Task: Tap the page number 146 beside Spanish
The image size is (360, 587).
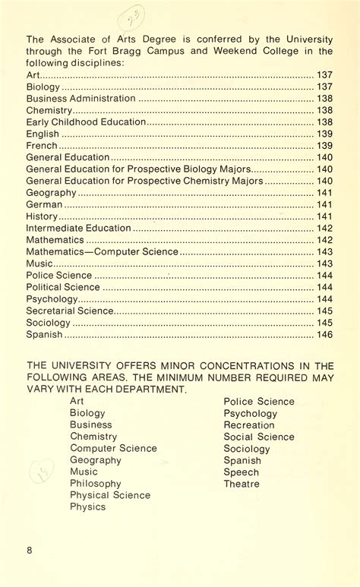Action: pyautogui.click(x=324, y=334)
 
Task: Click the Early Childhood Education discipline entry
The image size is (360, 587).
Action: pyautogui.click(x=85, y=122)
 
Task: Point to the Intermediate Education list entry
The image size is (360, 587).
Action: pyautogui.click(x=78, y=228)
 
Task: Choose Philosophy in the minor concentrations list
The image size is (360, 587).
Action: pyautogui.click(x=95, y=483)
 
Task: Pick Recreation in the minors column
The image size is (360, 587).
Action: pyautogui.click(x=248, y=425)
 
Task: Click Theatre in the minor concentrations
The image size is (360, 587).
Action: pyautogui.click(x=242, y=484)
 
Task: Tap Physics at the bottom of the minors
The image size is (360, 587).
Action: pyautogui.click(x=87, y=507)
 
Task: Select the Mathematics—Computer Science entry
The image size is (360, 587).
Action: pyautogui.click(x=103, y=251)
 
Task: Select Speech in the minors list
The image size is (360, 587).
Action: pyautogui.click(x=241, y=472)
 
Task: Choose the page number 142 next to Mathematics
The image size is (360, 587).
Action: pyautogui.click(x=324, y=240)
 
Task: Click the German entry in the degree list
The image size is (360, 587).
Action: pyautogui.click(x=44, y=204)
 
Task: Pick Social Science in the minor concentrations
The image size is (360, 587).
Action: pyautogui.click(x=259, y=437)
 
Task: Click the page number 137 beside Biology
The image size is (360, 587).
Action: pyautogui.click(x=324, y=87)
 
